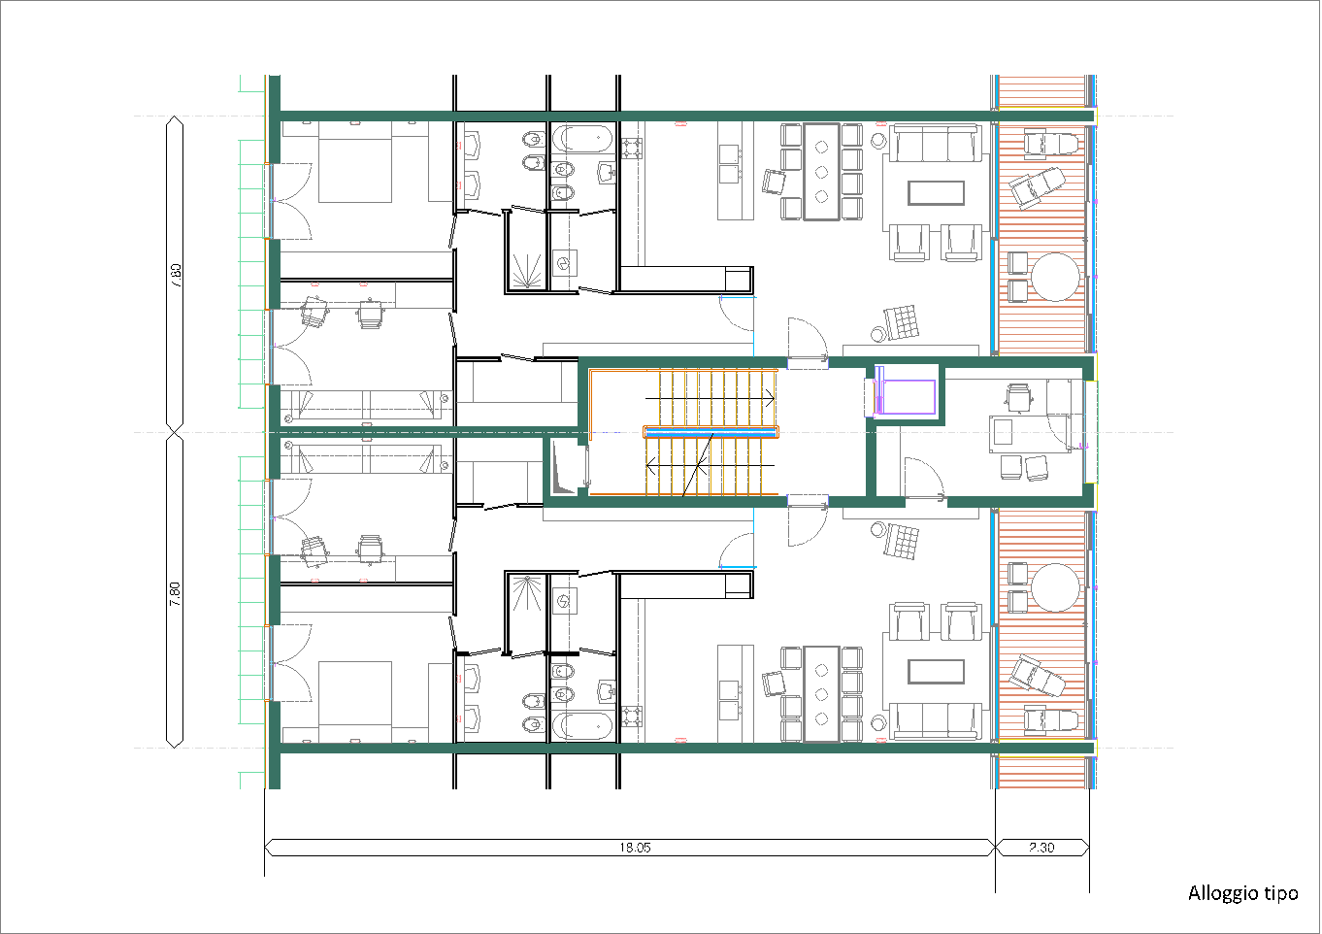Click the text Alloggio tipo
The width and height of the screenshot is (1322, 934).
(x=1243, y=893)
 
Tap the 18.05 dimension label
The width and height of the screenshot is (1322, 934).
(x=635, y=848)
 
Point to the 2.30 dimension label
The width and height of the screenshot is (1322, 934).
(x=1041, y=848)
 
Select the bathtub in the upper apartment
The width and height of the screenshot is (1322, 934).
(x=582, y=140)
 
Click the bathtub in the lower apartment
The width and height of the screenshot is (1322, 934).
(x=582, y=725)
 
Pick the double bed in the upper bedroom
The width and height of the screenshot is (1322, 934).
(x=355, y=162)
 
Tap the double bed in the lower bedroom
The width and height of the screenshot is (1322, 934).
(x=355, y=702)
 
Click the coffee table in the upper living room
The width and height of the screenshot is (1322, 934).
(x=936, y=193)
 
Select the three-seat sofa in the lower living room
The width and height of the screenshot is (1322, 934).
(x=936, y=720)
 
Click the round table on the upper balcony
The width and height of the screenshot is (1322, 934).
(x=1056, y=277)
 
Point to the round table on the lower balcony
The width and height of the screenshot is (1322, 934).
(x=1056, y=588)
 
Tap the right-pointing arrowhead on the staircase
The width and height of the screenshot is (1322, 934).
(x=770, y=398)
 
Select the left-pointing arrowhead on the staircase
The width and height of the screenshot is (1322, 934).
(x=651, y=466)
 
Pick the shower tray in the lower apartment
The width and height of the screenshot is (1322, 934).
(x=526, y=614)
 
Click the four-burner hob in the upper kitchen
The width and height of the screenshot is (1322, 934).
(x=632, y=149)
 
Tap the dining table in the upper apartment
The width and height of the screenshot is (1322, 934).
(x=821, y=172)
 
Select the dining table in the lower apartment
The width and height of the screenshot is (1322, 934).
(x=821, y=693)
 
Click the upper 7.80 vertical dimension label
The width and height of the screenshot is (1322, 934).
(x=176, y=275)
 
